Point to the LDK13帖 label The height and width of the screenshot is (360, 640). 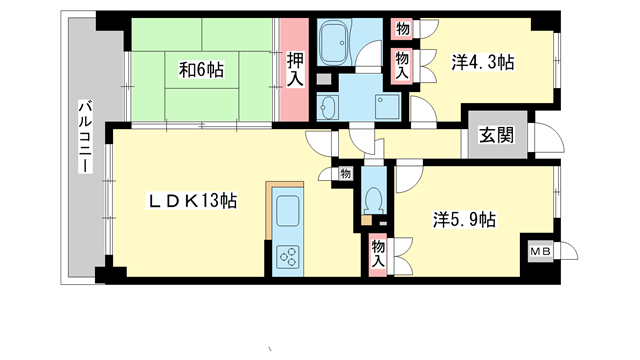pos(193,201)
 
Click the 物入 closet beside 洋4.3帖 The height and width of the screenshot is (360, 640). pos(401,65)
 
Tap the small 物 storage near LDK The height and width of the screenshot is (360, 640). pos(344,174)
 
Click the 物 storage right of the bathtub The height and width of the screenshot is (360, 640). pos(401,29)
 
